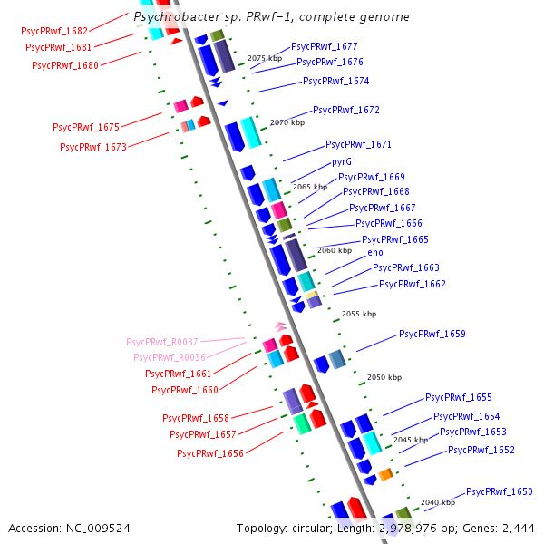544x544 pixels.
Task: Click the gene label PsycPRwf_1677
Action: pos(324,46)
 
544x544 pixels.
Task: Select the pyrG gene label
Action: pos(342,161)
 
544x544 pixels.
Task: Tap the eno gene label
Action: pos(374,251)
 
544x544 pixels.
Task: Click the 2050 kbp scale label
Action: pos(383,377)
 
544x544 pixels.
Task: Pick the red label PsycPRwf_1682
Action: pos(54,31)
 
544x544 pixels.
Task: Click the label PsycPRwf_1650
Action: pos(499,491)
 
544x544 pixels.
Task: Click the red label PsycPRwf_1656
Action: pos(209,453)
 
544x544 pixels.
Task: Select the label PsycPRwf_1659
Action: pos(432,334)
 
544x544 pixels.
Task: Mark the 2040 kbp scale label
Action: pos(437,501)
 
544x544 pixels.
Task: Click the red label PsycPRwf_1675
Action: pos(86,128)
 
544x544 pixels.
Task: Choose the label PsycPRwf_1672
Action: pos(345,110)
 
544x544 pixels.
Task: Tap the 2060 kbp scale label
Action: pos(334,250)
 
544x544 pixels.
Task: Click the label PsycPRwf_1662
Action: pos(412,284)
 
